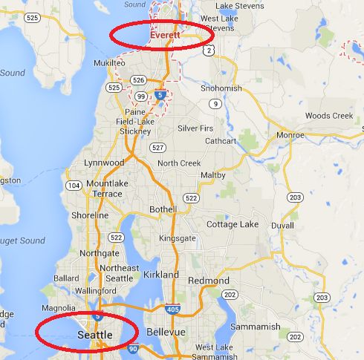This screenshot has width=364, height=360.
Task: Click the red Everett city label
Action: pyautogui.click(x=162, y=35)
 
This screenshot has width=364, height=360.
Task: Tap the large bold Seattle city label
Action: pyautogui.click(x=95, y=336)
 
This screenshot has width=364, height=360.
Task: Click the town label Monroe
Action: pyautogui.click(x=290, y=135)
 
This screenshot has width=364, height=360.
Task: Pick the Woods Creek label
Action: pyautogui.click(x=328, y=116)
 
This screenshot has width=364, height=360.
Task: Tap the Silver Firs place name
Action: pyautogui.click(x=195, y=128)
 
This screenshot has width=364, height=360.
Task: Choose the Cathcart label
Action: pyautogui.click(x=221, y=140)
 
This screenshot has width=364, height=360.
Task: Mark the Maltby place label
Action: pyautogui.click(x=214, y=175)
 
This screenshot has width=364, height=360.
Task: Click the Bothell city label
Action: pyautogui.click(x=163, y=209)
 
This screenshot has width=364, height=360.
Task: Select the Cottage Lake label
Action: pyautogui.click(x=232, y=224)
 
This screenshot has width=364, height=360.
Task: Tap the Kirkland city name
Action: pyautogui.click(x=160, y=275)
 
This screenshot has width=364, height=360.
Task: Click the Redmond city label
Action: pyautogui.click(x=209, y=281)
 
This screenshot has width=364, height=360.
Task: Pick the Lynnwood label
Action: pyautogui.click(x=104, y=162)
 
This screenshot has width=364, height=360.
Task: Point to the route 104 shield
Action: pyautogui.click(x=74, y=185)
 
